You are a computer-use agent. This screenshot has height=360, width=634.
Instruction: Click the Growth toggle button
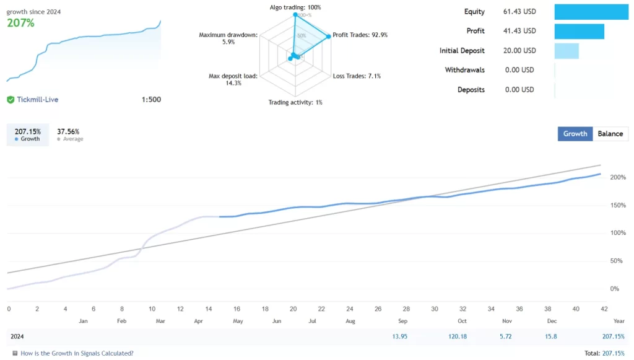coord(575,134)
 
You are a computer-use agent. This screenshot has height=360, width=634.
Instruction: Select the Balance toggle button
coord(610,134)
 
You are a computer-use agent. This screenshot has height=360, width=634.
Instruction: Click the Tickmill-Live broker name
coord(38,99)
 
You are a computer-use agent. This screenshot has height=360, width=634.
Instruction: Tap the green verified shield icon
coord(11,99)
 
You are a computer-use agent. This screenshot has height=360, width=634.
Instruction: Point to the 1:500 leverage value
coord(151,99)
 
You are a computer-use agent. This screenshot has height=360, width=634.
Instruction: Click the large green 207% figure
coord(20,23)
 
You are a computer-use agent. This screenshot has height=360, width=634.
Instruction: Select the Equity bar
coord(591,12)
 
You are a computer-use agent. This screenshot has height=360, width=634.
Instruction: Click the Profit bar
coord(579,31)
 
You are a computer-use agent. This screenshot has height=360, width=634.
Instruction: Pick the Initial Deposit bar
coord(567,51)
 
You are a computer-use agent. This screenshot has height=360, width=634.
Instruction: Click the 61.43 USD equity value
coord(519,12)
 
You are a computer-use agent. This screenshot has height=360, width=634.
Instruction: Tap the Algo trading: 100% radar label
coord(295,7)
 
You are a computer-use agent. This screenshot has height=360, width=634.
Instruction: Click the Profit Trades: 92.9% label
coord(360,35)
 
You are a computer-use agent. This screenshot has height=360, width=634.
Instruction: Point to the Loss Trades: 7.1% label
coord(357,76)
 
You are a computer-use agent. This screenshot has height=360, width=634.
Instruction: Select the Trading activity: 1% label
coord(295,102)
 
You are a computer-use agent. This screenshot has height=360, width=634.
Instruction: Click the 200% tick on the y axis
coord(617,178)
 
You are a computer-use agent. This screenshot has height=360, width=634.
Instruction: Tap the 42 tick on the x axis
coord(604,309)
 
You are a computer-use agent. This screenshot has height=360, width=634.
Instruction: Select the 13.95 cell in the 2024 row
coord(399,336)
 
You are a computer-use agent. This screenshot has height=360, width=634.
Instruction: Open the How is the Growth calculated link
coord(77,353)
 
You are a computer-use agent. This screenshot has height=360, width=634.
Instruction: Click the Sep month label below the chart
coord(403,321)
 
